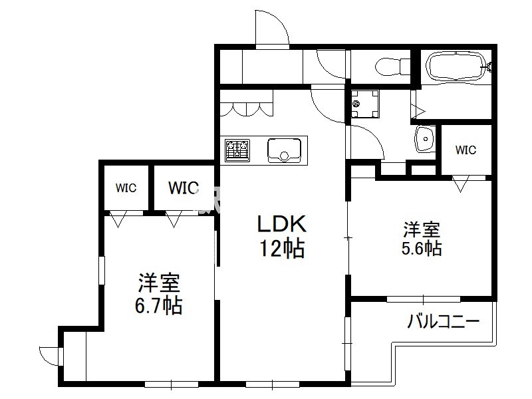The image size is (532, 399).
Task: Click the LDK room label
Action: click(282, 224)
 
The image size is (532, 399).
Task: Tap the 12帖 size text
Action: click(282, 248)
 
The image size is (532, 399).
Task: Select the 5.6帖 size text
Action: click(422, 248)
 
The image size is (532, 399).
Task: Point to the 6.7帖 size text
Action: click(158, 305)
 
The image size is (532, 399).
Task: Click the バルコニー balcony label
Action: click(443, 321)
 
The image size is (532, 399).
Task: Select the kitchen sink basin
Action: click(284, 150)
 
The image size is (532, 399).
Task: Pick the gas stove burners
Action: click(237, 150)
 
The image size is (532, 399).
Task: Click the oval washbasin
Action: click(424, 139)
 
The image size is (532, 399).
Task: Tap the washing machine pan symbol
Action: click(365, 103)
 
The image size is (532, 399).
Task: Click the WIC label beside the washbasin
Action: click(465, 150)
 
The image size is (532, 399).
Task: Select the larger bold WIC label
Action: click(184, 188)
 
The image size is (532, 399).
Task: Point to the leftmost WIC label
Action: click(126, 188)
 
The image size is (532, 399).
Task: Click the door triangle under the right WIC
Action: click(460, 184)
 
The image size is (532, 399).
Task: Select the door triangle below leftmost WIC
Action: click(118, 219)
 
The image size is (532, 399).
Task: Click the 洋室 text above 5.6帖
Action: click(422, 229)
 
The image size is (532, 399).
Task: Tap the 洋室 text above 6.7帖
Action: click(158, 283)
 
